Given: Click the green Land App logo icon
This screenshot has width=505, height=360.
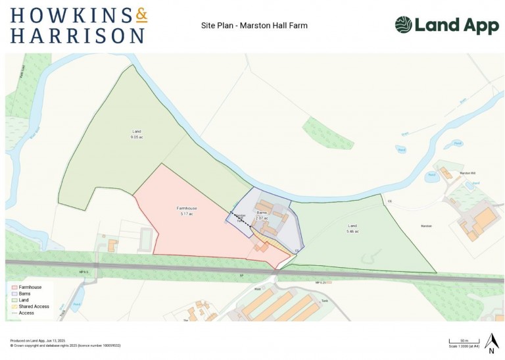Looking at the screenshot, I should coord(403,25).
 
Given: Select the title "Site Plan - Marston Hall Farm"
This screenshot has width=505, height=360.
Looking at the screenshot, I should coord(254,26).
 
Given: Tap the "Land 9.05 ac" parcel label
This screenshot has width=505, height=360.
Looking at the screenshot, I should coord(136,134).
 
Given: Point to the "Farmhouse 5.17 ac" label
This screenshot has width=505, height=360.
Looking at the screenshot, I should coord(187,211).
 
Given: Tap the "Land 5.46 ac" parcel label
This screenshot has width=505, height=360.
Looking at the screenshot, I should coord(352,228).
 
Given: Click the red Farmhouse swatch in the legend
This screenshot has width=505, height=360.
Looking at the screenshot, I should coord(13,288).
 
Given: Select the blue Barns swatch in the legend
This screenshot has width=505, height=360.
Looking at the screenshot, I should coord(13,294).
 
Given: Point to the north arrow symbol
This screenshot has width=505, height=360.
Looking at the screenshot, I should coord(491,341).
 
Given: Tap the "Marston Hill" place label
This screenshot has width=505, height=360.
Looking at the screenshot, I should coord(468,172).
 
